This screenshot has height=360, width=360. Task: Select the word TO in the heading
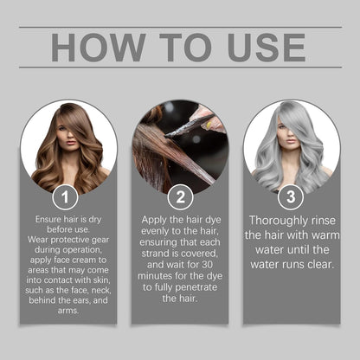[180, 48]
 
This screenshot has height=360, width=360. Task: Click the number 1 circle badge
[66, 197]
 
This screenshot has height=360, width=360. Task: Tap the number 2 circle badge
[179, 197]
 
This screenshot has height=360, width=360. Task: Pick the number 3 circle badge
[292, 197]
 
